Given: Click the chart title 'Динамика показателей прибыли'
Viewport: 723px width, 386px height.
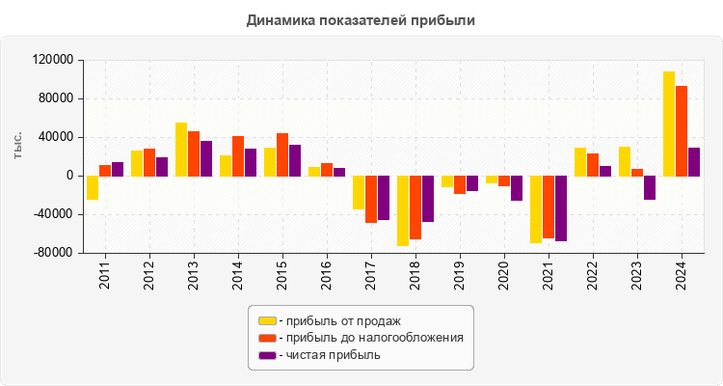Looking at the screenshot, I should click(x=361, y=19).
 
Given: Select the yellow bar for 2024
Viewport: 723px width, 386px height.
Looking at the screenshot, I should click(x=669, y=124).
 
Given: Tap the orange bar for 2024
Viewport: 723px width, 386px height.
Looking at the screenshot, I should click(x=682, y=131).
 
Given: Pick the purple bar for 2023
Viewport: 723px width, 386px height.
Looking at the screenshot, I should click(x=650, y=187).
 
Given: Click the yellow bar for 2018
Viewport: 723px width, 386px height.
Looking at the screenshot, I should click(x=403, y=210).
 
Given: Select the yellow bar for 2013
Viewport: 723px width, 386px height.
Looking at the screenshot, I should click(x=181, y=150).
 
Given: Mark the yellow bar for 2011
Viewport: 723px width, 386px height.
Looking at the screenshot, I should click(x=93, y=187).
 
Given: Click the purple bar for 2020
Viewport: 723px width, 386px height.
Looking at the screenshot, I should click(x=517, y=188).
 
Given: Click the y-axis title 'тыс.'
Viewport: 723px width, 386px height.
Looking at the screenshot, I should click(x=18, y=148).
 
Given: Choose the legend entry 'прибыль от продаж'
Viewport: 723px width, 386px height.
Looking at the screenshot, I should click(x=338, y=320).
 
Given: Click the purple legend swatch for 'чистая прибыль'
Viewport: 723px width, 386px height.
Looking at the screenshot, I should click(x=267, y=355).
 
